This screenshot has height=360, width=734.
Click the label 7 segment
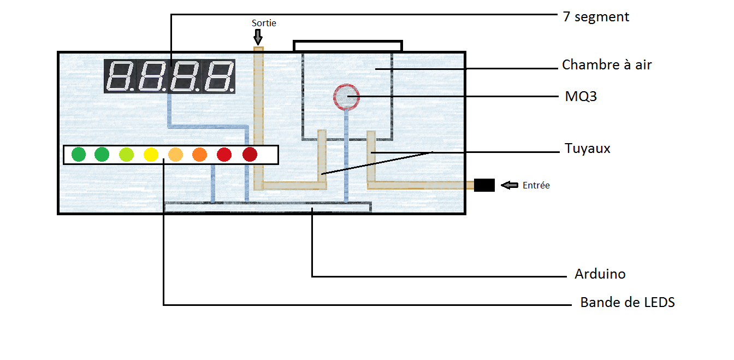click(x=596, y=17)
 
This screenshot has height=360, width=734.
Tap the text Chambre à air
click(x=607, y=65)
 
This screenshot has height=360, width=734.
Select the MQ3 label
click(x=581, y=97)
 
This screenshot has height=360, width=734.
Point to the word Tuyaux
click(x=587, y=149)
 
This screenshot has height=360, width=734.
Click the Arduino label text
click(x=600, y=274)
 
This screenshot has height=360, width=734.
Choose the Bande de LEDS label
click(x=627, y=302)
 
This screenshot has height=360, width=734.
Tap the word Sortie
click(x=264, y=23)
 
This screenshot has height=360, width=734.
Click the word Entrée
click(x=536, y=185)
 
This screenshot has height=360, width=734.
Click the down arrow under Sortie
click(x=258, y=37)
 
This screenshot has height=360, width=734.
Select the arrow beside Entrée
click(x=510, y=185)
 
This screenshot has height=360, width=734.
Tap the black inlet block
click(x=484, y=185)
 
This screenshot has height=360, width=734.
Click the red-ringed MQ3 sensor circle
click(x=346, y=97)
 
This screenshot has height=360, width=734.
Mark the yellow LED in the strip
click(x=151, y=155)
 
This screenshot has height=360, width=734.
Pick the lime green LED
click(x=126, y=155)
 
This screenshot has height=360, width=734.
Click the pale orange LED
click(x=175, y=155)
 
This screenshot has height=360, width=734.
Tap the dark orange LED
click(x=200, y=155)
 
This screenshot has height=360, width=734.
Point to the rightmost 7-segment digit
click(x=219, y=76)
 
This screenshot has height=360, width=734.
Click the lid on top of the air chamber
click(x=348, y=46)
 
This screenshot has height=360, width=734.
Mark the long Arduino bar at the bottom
click(x=268, y=206)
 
